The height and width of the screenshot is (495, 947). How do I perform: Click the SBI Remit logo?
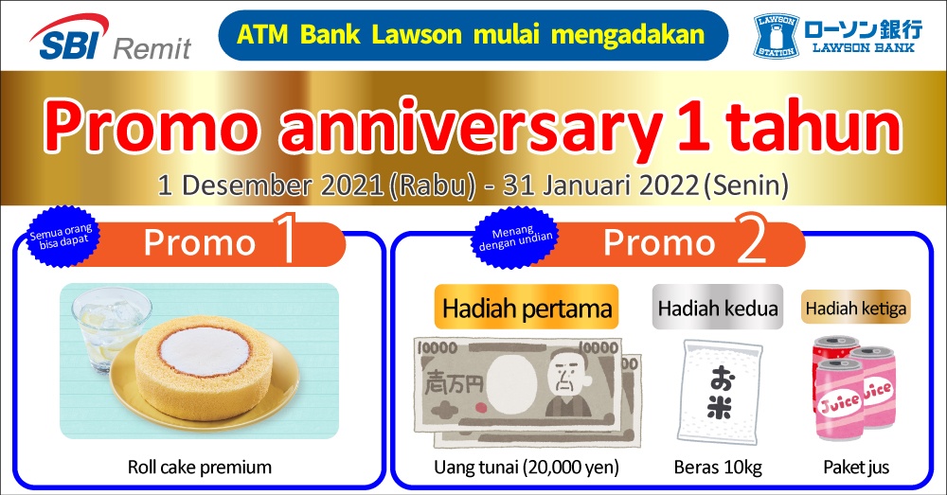click(110, 38)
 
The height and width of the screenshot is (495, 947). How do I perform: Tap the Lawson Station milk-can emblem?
click(777, 36)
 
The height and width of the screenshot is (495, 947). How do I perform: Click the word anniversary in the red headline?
click(471, 129)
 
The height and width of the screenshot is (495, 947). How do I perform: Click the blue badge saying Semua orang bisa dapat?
click(61, 236)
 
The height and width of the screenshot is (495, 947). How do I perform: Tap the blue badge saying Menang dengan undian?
click(515, 238)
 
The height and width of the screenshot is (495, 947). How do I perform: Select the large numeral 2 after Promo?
click(753, 239)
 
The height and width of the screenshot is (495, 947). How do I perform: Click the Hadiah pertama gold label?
click(527, 308)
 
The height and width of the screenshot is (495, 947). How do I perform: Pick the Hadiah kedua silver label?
click(718, 308)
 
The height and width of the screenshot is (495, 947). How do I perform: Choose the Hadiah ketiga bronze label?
click(856, 308)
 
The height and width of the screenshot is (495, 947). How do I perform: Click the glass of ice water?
click(109, 326)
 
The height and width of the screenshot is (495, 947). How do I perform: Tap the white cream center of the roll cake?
click(205, 351)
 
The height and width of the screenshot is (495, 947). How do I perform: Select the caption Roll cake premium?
click(200, 468)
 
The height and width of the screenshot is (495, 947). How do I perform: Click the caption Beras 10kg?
click(718, 468)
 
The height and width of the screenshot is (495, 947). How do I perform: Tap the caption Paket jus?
click(856, 468)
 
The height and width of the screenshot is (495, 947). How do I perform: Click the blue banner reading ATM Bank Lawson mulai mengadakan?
click(473, 35)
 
